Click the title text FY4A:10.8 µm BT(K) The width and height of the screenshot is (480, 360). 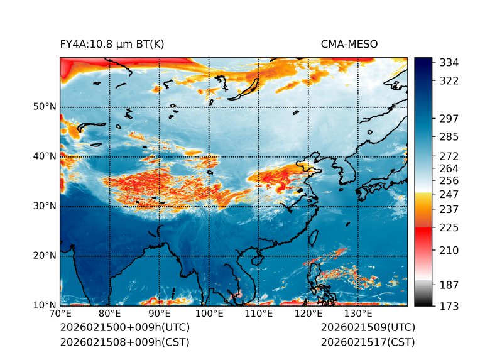[112, 44]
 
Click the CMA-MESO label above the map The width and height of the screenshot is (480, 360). [349, 44]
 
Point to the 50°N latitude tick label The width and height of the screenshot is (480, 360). [45, 107]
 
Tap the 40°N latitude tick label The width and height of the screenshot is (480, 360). [45, 156]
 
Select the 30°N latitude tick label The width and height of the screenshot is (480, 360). [45, 206]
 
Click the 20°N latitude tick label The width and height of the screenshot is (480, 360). [45, 256]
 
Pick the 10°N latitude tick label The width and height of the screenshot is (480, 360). [45, 305]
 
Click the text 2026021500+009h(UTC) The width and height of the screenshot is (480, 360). [124, 328]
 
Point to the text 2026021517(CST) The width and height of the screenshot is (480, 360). [368, 342]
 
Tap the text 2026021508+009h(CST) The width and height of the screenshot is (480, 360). [124, 342]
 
